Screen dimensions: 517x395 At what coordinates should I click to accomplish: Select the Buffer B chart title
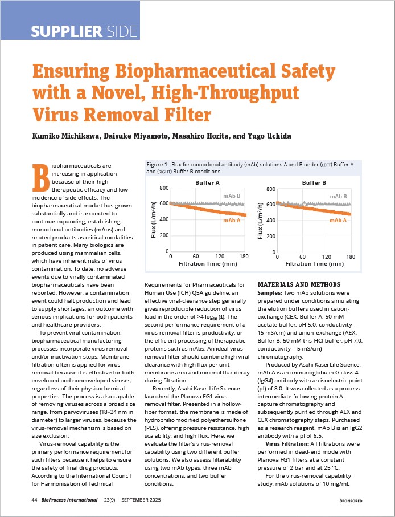(314, 182)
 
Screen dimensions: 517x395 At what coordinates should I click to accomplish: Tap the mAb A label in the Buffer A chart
(232, 220)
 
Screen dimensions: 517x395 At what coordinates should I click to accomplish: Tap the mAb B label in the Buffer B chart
(339, 196)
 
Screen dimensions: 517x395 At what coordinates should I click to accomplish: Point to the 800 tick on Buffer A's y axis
(163, 188)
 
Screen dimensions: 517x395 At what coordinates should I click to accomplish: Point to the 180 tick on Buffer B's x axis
(351, 257)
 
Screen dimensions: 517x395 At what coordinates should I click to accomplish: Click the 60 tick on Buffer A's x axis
(195, 257)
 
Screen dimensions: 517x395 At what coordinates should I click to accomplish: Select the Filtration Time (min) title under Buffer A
(207, 264)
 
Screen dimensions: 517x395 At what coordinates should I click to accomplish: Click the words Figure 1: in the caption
(158, 164)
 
